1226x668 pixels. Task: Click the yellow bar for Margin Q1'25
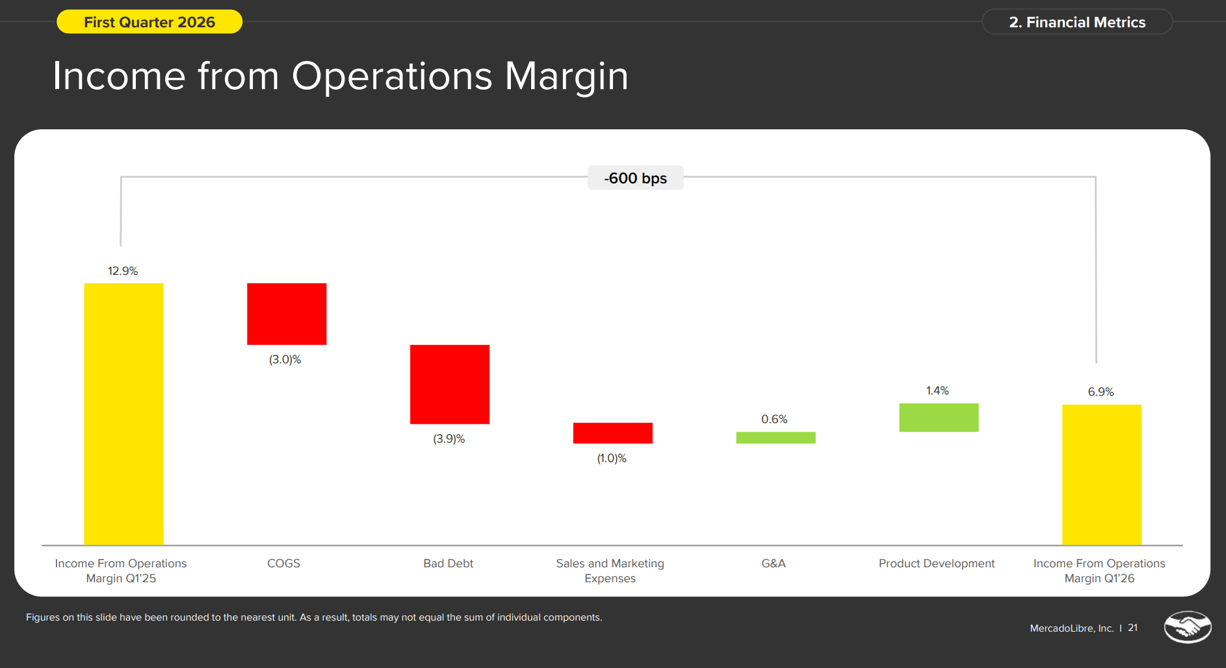tap(124, 414)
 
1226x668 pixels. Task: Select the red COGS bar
tap(287, 314)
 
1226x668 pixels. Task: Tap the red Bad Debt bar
tap(450, 384)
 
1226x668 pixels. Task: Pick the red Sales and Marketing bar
tap(613, 433)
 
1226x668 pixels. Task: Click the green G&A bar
tap(776, 438)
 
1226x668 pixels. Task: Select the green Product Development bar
tap(939, 418)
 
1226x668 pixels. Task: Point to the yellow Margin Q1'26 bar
tap(1102, 475)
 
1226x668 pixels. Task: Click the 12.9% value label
tap(123, 271)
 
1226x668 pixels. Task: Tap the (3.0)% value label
tap(285, 359)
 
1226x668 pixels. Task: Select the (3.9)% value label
tap(449, 439)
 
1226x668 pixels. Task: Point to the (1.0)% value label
tap(612, 458)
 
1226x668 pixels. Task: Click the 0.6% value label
tap(774, 419)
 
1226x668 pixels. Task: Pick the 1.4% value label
tap(937, 391)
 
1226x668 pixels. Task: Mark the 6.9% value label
tap(1101, 392)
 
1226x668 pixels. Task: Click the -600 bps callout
tap(636, 178)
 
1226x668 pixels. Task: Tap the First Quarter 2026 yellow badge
tap(150, 22)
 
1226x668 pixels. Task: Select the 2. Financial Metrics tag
tap(1077, 22)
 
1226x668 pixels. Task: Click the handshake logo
tap(1188, 627)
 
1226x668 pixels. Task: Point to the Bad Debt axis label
tap(449, 563)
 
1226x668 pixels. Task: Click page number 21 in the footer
tap(1133, 628)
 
